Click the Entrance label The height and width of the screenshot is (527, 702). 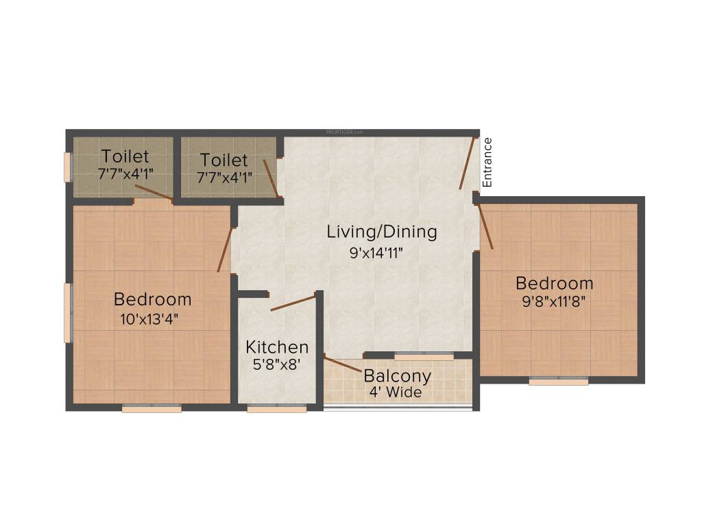pyautogui.click(x=487, y=163)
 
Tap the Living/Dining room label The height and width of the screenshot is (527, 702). pyautogui.click(x=381, y=232)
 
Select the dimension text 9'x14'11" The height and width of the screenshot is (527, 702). pyautogui.click(x=375, y=253)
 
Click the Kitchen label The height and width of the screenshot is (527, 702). pyautogui.click(x=277, y=347)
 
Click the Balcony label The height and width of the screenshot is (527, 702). pyautogui.click(x=397, y=376)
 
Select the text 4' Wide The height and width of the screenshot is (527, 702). pyautogui.click(x=393, y=393)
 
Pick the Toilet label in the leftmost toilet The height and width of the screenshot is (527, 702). pyautogui.click(x=125, y=156)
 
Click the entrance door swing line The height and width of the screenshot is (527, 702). pyautogui.click(x=466, y=163)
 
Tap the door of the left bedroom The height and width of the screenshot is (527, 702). pyautogui.click(x=225, y=250)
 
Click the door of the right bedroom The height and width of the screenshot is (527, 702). pyautogui.click(x=485, y=226)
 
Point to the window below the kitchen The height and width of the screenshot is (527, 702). pyautogui.click(x=276, y=409)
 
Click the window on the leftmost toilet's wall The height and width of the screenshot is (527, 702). pyautogui.click(x=67, y=167)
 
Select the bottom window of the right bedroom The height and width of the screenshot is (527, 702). pyautogui.click(x=558, y=382)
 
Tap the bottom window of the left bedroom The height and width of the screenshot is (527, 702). pyautogui.click(x=152, y=409)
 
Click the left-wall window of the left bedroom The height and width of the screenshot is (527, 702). pyautogui.click(x=67, y=312)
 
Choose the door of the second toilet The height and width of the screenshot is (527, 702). pyautogui.click(x=270, y=178)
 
